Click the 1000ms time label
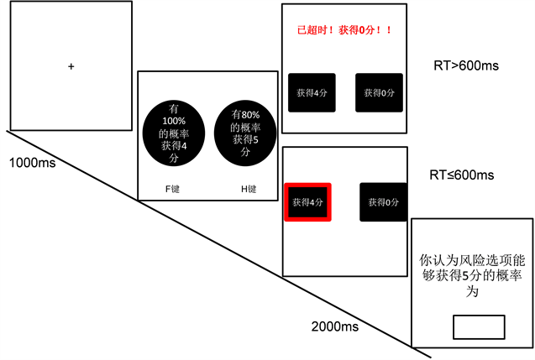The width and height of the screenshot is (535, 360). click(33, 162)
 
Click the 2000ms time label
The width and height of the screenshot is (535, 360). click(335, 326)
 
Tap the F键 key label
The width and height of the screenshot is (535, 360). click(172, 189)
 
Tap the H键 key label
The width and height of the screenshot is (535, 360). click(247, 189)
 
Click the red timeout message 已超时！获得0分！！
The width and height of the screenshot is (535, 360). click(345, 31)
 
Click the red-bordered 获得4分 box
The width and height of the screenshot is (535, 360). click(308, 202)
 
